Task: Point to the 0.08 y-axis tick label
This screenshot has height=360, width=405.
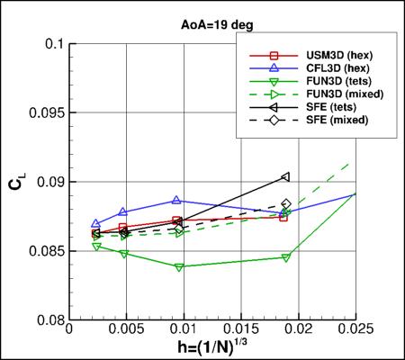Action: pos(47,319)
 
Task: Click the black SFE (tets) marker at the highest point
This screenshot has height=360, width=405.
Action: pos(285,176)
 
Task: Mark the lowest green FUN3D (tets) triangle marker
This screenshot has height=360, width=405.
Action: pos(179,267)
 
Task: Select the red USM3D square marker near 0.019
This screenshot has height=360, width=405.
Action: pos(283,217)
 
